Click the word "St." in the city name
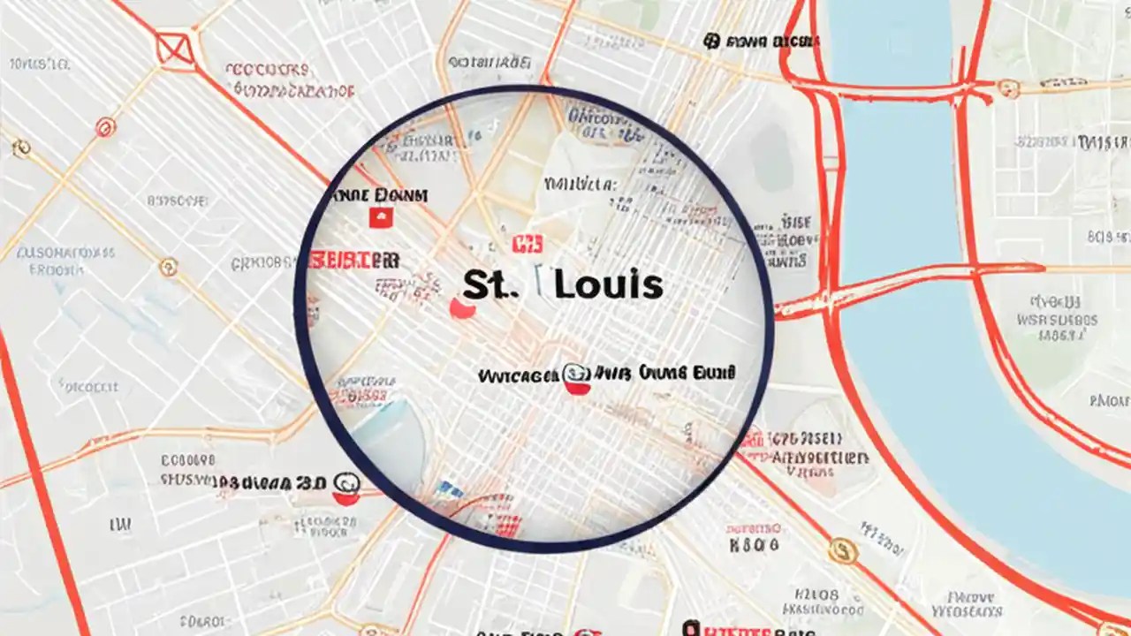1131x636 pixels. tap(485, 284)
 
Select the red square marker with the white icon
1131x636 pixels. tap(381, 217)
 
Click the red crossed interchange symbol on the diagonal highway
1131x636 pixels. tap(176, 50)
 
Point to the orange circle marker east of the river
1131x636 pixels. tap(1008, 88)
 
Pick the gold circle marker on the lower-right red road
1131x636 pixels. tap(843, 552)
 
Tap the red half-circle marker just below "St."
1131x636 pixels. tap(462, 309)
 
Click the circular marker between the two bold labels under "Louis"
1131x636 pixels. tap(576, 378)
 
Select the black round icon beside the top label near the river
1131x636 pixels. tap(711, 41)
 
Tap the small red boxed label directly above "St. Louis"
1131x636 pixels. tap(528, 244)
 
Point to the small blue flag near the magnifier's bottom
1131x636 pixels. tap(449, 488)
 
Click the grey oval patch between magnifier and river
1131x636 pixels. tap(770, 159)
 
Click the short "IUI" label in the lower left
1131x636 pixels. tap(120, 526)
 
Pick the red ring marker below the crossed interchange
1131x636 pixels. tap(105, 128)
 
